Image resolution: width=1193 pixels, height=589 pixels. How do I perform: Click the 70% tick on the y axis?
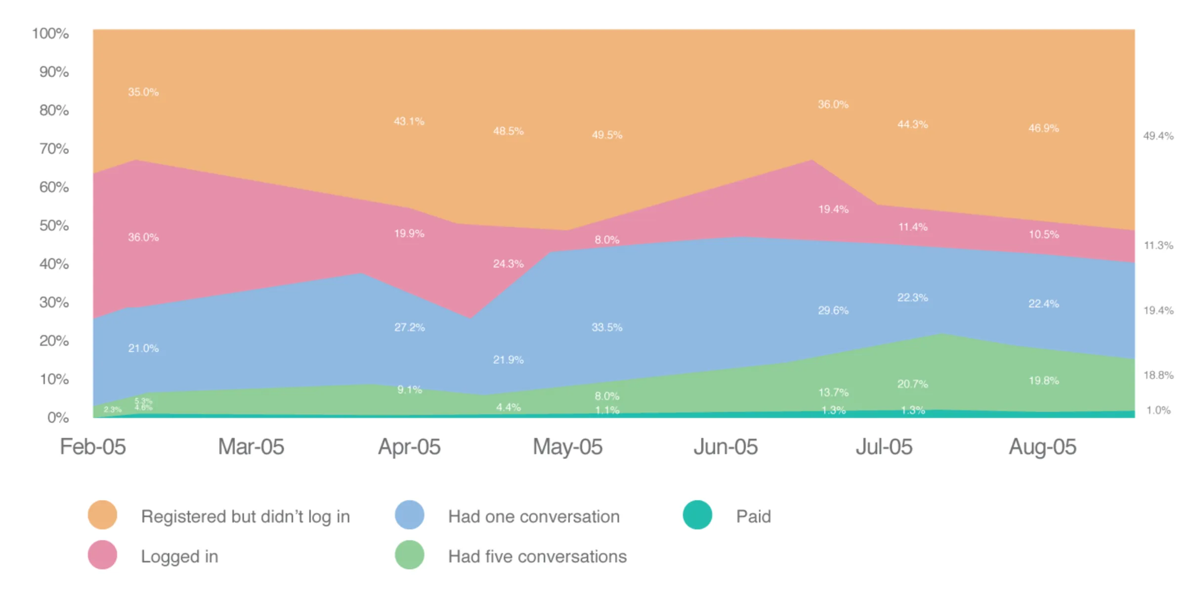[54, 149]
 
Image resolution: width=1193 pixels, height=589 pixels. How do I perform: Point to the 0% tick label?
[58, 418]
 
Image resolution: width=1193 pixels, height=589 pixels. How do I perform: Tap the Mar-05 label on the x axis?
[251, 447]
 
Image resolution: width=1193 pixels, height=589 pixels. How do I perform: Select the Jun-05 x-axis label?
[725, 447]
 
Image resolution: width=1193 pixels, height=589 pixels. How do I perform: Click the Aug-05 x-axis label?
[1042, 447]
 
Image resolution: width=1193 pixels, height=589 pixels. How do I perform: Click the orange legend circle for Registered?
[102, 515]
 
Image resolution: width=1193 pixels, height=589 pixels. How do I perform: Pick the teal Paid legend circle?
[697, 515]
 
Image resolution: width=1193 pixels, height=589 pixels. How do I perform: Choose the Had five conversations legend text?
[537, 556]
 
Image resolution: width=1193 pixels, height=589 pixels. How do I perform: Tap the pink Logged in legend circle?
[102, 555]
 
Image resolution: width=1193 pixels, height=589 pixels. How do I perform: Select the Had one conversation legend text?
[534, 516]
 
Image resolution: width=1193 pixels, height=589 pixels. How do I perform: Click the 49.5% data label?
[607, 135]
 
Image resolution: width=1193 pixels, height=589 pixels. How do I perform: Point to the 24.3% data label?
[508, 264]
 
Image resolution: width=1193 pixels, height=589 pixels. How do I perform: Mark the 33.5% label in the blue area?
[607, 327]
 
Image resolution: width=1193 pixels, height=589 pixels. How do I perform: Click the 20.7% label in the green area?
[912, 384]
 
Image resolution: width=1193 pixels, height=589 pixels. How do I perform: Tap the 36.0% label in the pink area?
[143, 237]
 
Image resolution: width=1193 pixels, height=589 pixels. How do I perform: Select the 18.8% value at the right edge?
[1158, 375]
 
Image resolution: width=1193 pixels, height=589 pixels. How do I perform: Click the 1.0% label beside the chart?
[1158, 410]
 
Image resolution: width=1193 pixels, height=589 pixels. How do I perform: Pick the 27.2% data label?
[409, 327]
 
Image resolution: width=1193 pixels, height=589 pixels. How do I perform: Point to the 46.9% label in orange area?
[1043, 128]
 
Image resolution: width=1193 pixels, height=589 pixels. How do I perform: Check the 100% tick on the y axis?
[50, 34]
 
